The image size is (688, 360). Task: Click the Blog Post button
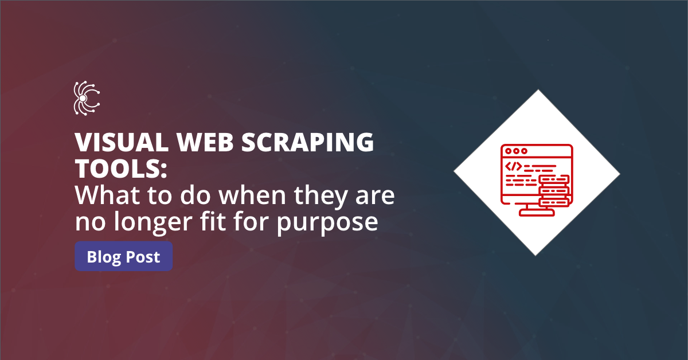pos(123,257)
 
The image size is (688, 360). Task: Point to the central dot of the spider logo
pos(83,99)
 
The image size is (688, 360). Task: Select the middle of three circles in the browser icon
pos(515,152)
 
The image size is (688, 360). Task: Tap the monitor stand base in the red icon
pos(537,213)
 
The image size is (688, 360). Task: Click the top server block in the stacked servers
pos(554,180)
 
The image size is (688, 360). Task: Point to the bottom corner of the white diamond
pos(537,254)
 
